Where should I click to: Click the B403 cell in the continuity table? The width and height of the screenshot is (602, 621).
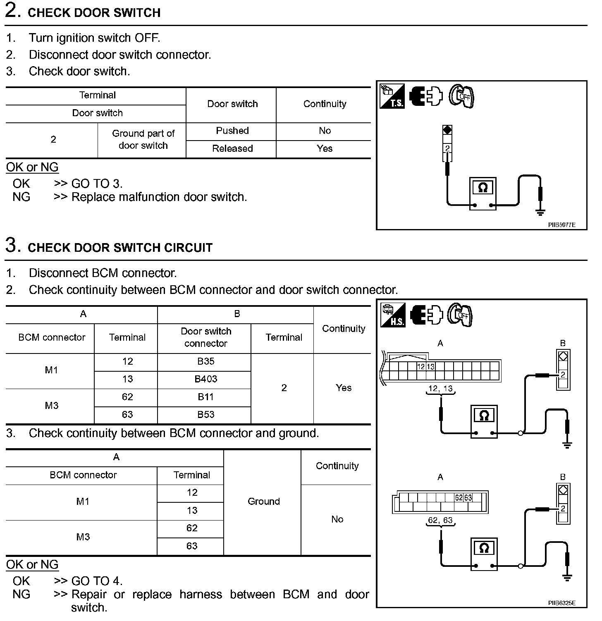[x=205, y=379]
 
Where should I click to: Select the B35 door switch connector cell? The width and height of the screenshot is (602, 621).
[x=205, y=361]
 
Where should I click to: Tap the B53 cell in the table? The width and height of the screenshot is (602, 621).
[x=205, y=415]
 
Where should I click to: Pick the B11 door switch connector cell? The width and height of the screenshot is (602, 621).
[x=205, y=397]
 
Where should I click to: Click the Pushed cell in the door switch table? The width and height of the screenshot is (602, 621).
[x=232, y=131]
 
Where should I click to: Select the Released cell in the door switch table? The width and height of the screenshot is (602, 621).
[x=232, y=148]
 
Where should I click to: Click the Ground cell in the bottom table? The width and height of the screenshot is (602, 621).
[x=263, y=502]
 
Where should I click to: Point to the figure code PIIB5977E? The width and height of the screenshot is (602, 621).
[x=561, y=225]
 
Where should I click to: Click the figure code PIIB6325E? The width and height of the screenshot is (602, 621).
[x=561, y=603]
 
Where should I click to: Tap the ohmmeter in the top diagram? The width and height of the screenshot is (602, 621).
[x=483, y=193]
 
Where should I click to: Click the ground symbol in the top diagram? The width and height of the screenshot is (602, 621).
[x=540, y=212]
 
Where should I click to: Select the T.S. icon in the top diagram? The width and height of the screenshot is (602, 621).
[x=392, y=96]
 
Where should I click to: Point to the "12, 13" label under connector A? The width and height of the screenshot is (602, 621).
[x=440, y=389]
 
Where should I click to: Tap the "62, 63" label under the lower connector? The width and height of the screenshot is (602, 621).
[x=440, y=520]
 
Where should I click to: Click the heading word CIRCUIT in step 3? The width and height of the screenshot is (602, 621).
[x=188, y=248]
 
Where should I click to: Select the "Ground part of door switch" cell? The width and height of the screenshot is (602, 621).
[x=143, y=139]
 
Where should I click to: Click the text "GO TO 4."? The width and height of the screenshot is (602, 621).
[x=97, y=581]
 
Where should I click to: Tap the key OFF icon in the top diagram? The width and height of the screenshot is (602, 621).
[x=461, y=96]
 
